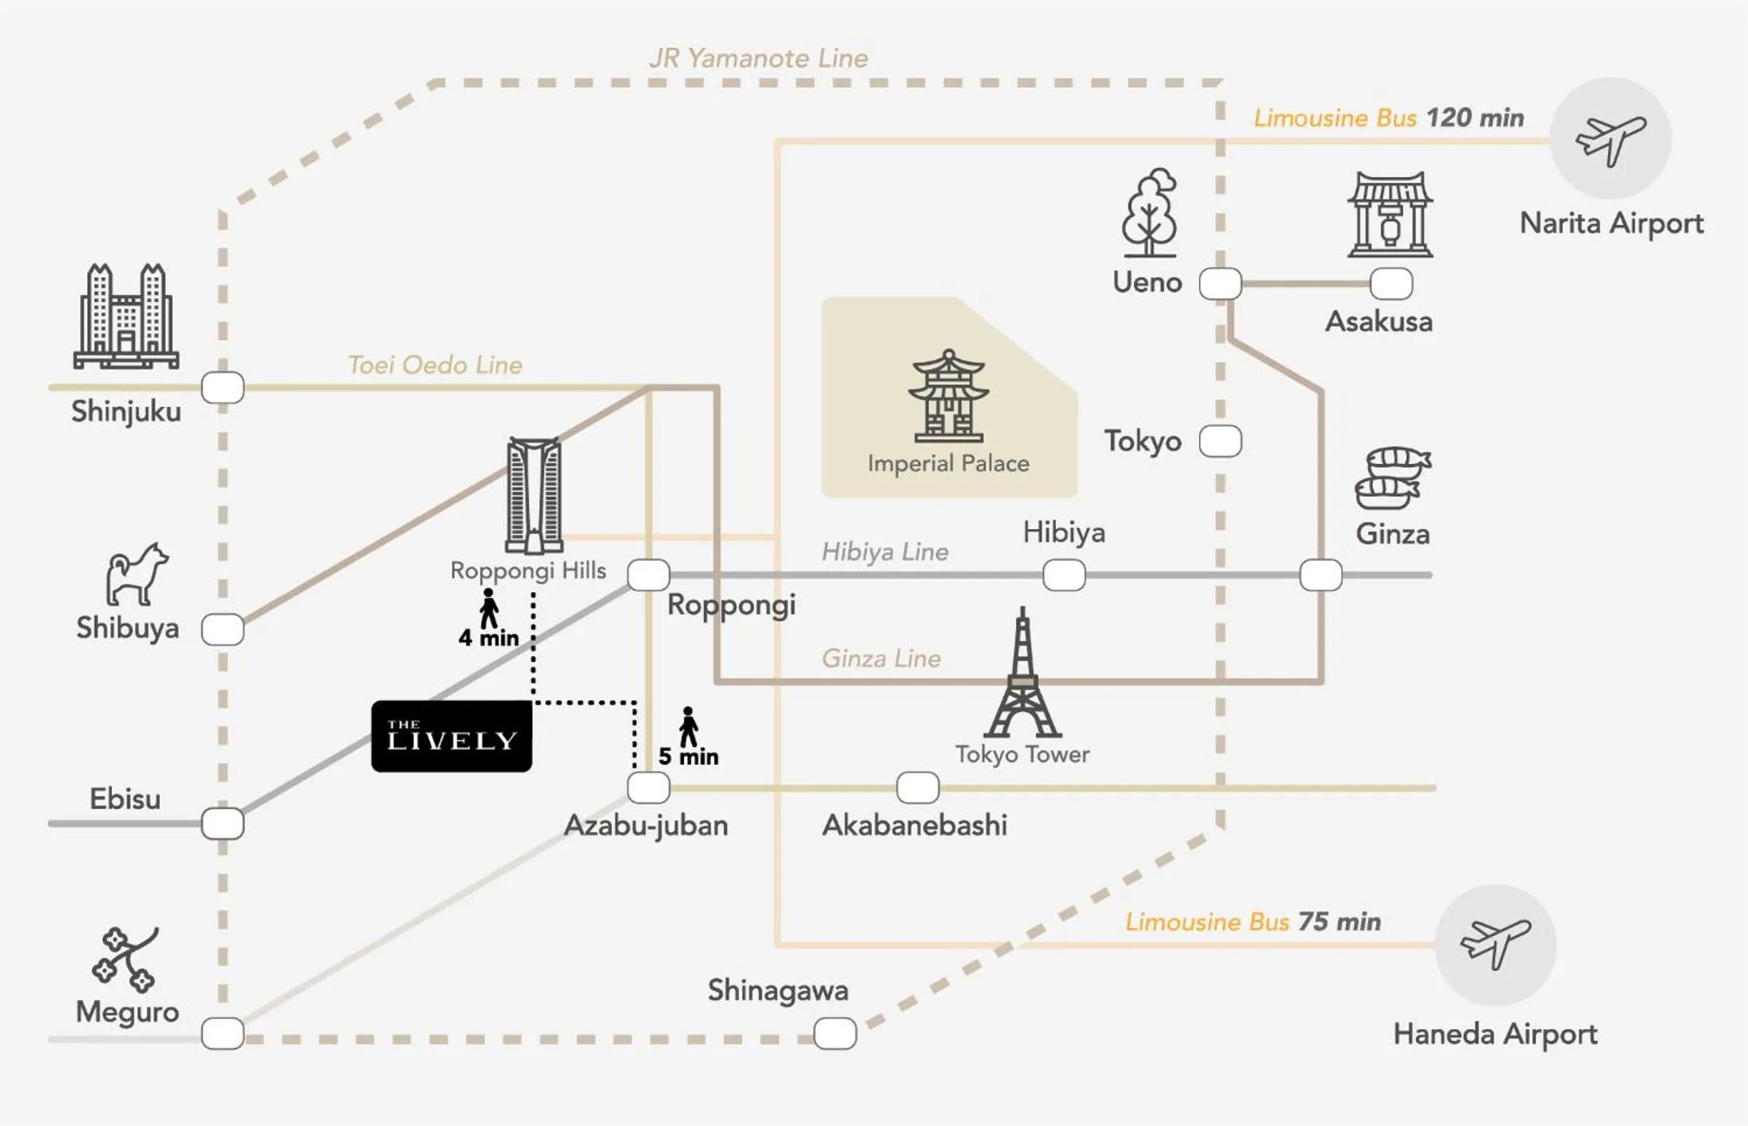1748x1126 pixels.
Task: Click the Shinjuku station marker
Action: pos(222,388)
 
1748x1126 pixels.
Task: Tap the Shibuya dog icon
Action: pos(137,575)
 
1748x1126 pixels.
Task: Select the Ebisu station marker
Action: pos(222,823)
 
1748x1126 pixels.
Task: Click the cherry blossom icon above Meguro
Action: pos(126,959)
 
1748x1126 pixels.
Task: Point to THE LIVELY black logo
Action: pos(451,736)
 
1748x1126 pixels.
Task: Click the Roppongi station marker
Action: pos(648,575)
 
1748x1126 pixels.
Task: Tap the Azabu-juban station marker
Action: pos(648,787)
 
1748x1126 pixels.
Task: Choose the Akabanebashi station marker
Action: pos(918,787)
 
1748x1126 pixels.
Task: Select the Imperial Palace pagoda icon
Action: pos(949,397)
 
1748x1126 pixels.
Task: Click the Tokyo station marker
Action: pos(1220,441)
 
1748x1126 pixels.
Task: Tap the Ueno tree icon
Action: pos(1149,213)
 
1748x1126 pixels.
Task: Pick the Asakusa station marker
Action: pos(1391,283)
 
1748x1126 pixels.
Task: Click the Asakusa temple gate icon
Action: pos(1390,215)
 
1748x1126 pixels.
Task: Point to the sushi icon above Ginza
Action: pos(1394,478)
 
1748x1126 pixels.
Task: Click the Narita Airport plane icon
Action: pos(1611,139)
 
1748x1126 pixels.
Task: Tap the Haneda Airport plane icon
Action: pos(1495,943)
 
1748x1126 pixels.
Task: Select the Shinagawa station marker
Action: pos(835,1034)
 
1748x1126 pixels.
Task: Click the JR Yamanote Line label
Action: pos(758,58)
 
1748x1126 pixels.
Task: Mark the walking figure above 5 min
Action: pos(688,726)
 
